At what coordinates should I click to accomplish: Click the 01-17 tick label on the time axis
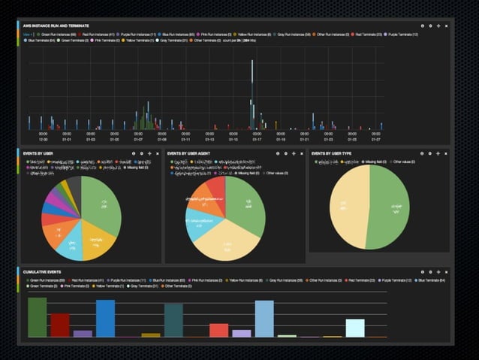tap(257, 139)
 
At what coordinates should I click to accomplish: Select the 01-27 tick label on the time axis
tap(376, 139)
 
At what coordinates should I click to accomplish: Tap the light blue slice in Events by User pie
tap(71, 247)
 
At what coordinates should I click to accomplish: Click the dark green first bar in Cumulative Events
tap(38, 317)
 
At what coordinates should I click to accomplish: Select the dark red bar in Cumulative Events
tap(60, 325)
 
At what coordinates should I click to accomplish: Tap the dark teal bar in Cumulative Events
tap(173, 320)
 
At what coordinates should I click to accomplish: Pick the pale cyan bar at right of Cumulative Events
tap(355, 328)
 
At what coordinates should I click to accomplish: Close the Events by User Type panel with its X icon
tap(447, 153)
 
